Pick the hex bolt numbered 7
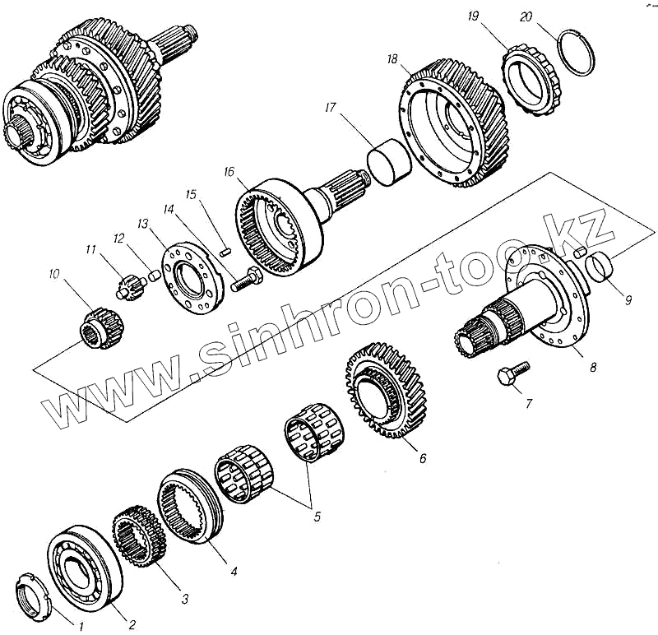[x=506, y=377]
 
